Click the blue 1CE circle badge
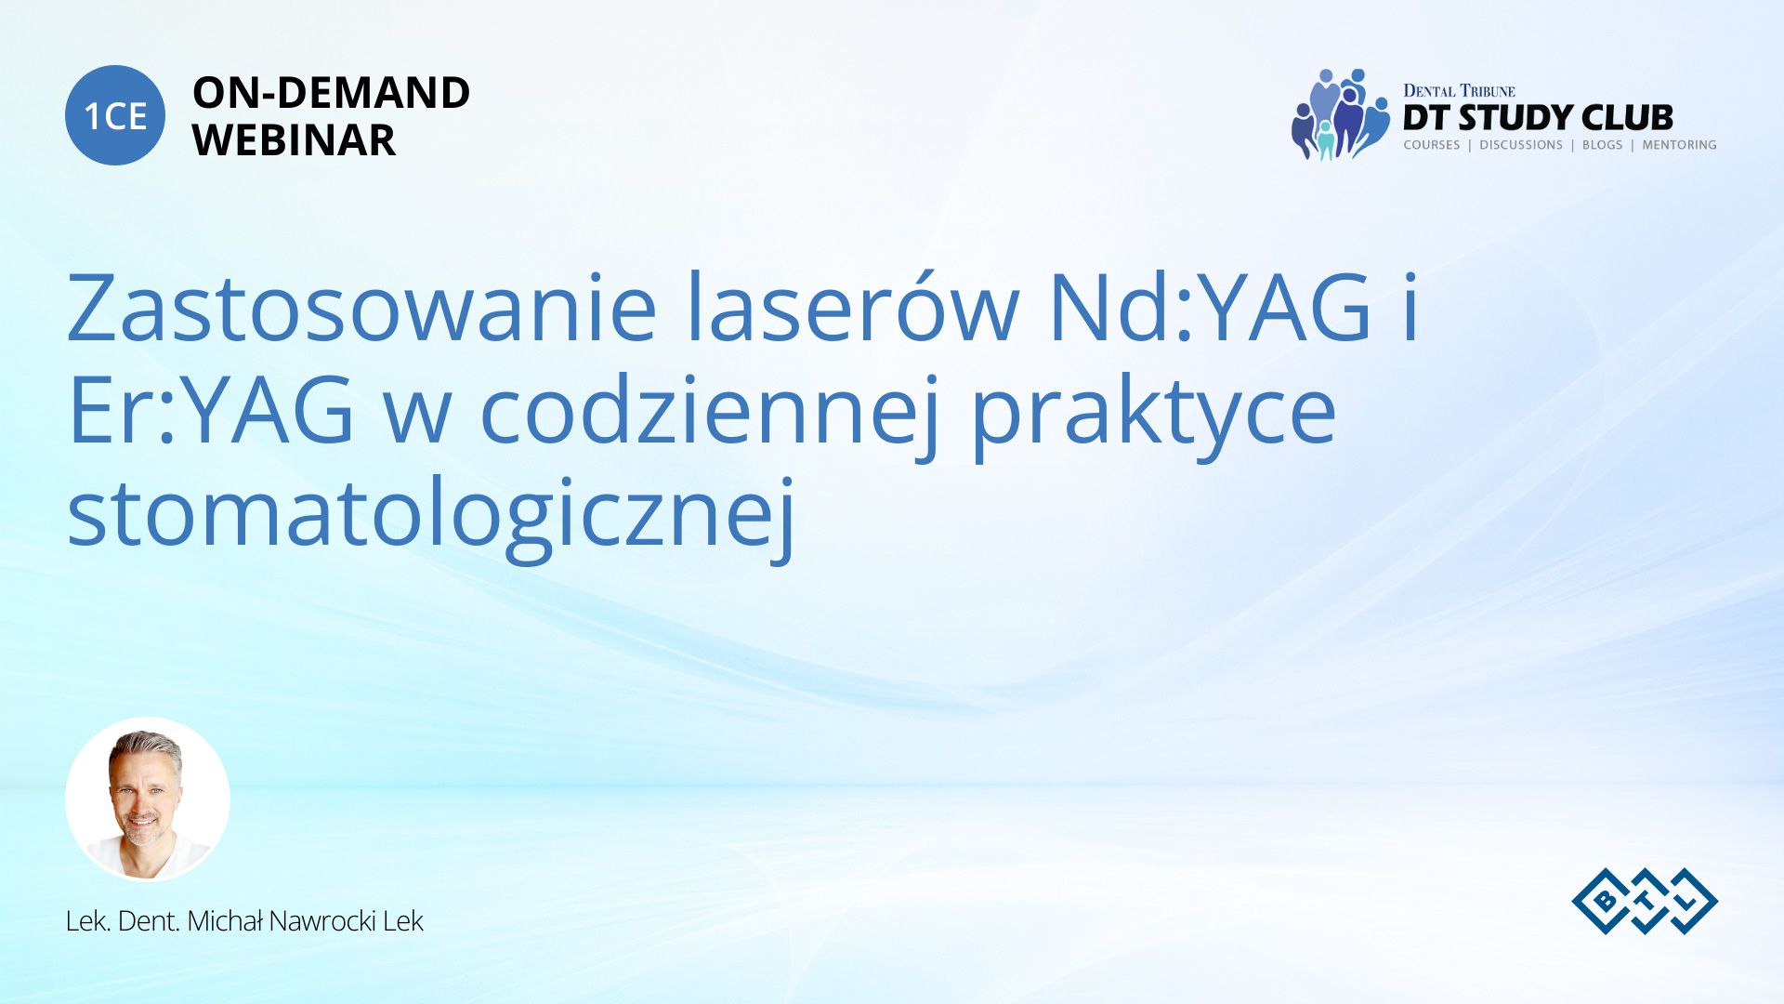point(115,115)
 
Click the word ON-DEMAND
point(331,93)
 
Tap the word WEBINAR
point(294,140)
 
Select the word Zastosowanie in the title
point(362,308)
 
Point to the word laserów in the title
point(853,308)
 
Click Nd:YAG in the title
point(1211,308)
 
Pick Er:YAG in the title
point(211,410)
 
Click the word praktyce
point(1154,414)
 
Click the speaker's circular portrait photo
point(148,799)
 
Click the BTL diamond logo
point(1645,901)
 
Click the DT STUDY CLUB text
point(1538,118)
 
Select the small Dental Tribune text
point(1459,90)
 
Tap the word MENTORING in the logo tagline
point(1679,145)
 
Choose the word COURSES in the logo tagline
point(1432,145)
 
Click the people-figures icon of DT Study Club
point(1339,114)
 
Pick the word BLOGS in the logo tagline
point(1602,145)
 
